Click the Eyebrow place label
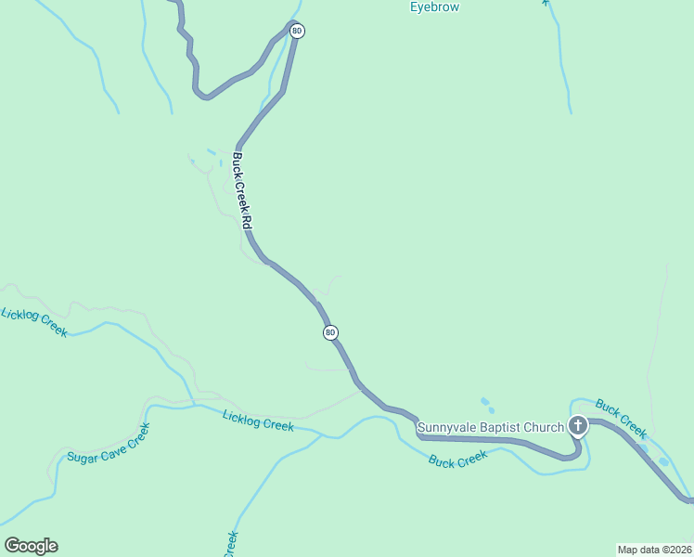pyautogui.click(x=434, y=7)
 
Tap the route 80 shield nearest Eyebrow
pyautogui.click(x=296, y=31)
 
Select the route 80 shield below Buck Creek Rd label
pyautogui.click(x=330, y=332)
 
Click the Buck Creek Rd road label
pyautogui.click(x=242, y=191)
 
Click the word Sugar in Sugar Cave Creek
pyautogui.click(x=82, y=455)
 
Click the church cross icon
pyautogui.click(x=578, y=427)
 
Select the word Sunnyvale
pyautogui.click(x=448, y=428)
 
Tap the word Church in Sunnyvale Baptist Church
pyautogui.click(x=544, y=428)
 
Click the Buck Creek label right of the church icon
pyautogui.click(x=621, y=418)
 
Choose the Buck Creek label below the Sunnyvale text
pyautogui.click(x=458, y=459)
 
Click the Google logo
pyautogui.click(x=31, y=546)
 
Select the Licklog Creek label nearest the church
pyautogui.click(x=258, y=421)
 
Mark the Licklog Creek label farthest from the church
pyautogui.click(x=34, y=322)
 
